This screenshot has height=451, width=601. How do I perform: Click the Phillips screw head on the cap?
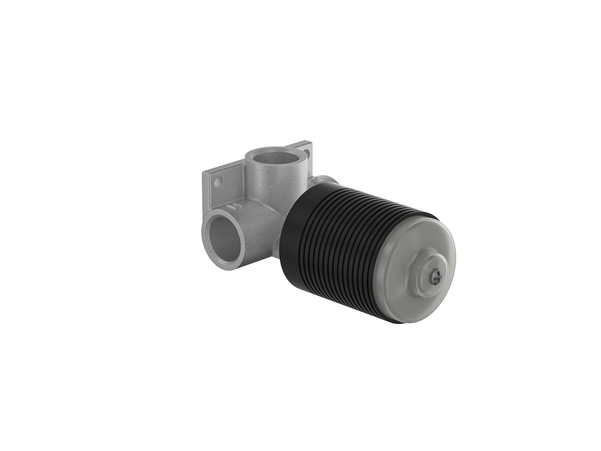[x=436, y=276]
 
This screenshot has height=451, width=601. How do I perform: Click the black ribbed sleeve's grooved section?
[x=351, y=251]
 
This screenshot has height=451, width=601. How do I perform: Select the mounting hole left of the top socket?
[x=218, y=182]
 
